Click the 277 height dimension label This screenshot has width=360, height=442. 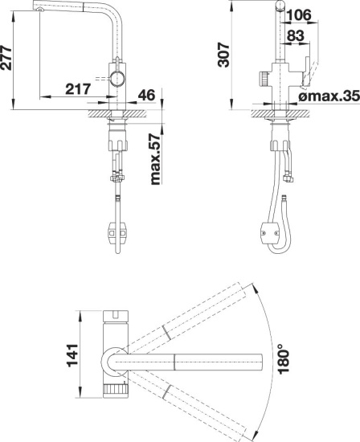[6, 58]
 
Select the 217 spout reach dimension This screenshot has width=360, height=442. [78, 89]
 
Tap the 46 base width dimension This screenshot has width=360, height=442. [146, 95]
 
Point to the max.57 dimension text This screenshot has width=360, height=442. [155, 159]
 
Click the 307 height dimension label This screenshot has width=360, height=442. [224, 55]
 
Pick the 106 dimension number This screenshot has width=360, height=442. [299, 14]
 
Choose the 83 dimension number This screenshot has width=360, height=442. [296, 35]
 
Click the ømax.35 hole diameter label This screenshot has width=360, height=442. [329, 96]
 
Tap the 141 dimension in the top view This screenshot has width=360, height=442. [72, 355]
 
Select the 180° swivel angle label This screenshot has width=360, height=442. [284, 359]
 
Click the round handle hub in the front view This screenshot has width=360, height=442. [117, 79]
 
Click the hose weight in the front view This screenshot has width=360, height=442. [117, 233]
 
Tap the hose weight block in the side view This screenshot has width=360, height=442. [269, 233]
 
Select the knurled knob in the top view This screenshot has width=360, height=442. [116, 391]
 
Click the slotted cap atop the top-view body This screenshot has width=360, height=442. [116, 317]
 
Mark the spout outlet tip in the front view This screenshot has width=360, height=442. [40, 10]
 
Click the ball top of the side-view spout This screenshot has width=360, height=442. [280, 5]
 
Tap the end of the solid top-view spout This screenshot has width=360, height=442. [262, 362]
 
